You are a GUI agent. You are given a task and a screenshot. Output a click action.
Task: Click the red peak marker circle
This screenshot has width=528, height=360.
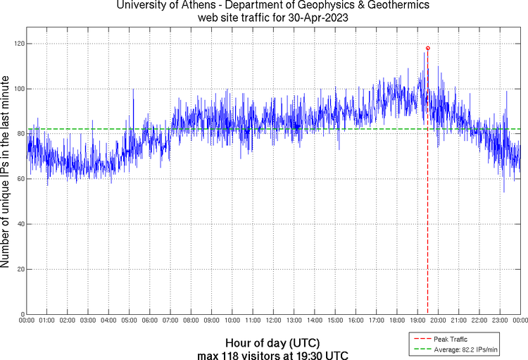[428, 48]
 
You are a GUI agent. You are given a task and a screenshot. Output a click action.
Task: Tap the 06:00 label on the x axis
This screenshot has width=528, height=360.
[150, 321]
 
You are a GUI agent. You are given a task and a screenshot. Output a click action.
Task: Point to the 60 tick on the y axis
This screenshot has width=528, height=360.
[20, 179]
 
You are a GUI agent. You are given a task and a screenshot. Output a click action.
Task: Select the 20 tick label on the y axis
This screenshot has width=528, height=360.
[20, 269]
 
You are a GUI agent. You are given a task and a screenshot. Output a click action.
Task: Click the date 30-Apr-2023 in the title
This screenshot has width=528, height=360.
[320, 16]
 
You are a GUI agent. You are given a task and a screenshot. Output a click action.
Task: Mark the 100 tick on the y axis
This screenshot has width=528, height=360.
[19, 89]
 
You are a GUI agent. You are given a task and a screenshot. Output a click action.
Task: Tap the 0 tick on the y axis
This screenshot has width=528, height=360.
[23, 314]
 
